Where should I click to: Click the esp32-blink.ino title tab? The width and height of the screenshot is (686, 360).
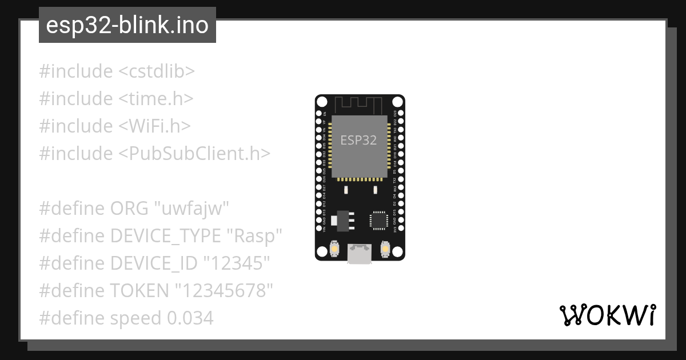(x=127, y=26)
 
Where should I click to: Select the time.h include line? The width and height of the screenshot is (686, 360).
(x=116, y=99)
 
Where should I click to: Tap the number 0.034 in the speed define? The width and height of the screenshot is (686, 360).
(x=190, y=318)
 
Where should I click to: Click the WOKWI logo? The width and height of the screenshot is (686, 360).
(x=607, y=315)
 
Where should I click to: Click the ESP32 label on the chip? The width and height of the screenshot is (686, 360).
(x=358, y=141)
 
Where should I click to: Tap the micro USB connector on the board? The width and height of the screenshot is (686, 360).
(x=360, y=253)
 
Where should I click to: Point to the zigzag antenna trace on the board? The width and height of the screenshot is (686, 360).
(x=358, y=105)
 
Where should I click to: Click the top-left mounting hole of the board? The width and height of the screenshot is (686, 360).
(x=322, y=102)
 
